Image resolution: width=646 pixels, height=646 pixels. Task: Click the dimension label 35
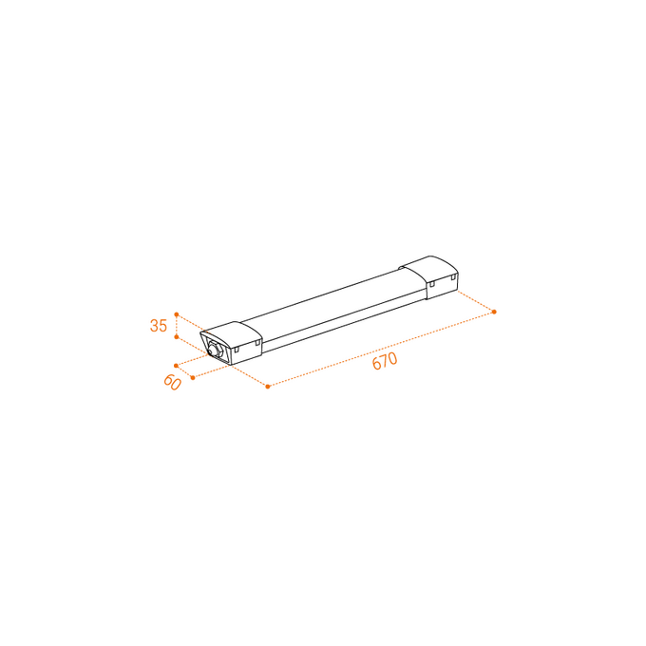[x=158, y=326]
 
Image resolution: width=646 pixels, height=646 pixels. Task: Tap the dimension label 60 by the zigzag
[x=172, y=382]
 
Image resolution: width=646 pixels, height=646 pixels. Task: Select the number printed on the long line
[x=384, y=358]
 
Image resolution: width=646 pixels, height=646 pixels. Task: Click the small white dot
[x=213, y=350]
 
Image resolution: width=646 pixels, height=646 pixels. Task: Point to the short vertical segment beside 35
[x=176, y=325]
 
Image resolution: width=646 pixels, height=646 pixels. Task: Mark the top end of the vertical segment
[x=176, y=312]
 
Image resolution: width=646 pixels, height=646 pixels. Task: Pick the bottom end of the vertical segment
[x=176, y=338]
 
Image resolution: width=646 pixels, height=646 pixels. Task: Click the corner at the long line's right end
[x=496, y=312]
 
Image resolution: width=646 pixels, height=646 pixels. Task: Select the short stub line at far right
[x=477, y=301]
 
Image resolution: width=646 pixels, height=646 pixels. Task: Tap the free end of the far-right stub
[x=459, y=292]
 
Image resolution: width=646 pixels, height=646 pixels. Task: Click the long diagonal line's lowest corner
[x=269, y=387]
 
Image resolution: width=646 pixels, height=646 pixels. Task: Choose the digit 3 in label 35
[x=153, y=326]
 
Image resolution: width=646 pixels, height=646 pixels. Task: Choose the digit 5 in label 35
[x=162, y=326]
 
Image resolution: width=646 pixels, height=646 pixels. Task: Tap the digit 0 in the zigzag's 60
[x=176, y=386]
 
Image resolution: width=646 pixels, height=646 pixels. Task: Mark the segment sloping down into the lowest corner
[x=250, y=376]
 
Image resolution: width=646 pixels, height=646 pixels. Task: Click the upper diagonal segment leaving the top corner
[x=193, y=322]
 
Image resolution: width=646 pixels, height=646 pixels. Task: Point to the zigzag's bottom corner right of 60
[x=193, y=379]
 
